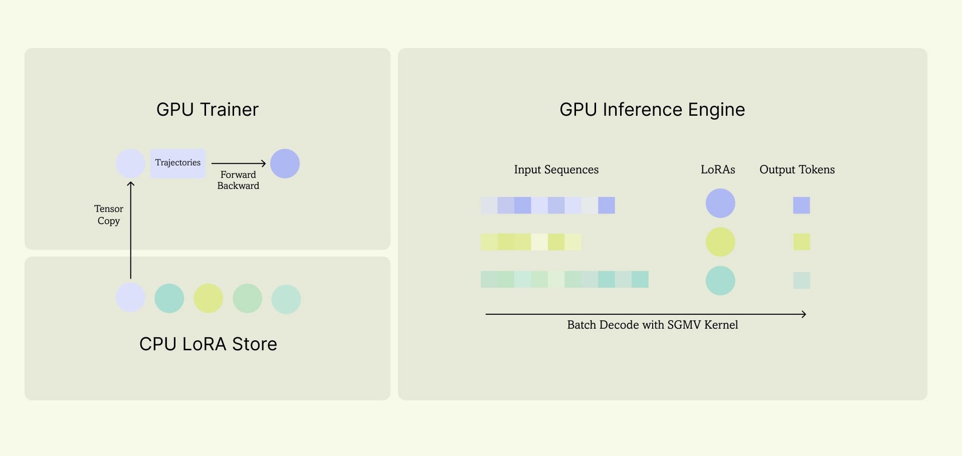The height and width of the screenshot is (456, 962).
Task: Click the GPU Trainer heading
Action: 208,110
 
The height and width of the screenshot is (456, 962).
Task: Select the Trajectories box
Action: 178,163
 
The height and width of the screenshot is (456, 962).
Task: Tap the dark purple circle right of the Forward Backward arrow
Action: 285,163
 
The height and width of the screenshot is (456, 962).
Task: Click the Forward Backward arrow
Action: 239,163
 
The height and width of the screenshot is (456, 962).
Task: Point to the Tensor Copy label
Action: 109,215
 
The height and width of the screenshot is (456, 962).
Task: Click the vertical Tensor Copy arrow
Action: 131,230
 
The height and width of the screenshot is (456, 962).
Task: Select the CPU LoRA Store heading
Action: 208,344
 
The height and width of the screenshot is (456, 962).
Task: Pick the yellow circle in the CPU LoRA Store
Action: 208,298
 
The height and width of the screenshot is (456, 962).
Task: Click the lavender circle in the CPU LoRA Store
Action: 130,297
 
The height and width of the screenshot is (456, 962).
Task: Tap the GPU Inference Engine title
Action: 652,110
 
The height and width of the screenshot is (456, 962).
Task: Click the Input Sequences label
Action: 556,170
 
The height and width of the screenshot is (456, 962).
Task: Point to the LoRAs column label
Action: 718,170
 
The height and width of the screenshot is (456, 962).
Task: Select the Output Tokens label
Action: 797,170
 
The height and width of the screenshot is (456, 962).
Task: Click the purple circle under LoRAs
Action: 720,203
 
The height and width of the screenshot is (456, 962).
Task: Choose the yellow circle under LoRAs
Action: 720,242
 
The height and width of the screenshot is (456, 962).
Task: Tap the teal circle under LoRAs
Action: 720,281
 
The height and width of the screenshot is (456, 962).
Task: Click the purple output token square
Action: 802,205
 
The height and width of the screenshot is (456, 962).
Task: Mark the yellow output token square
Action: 802,242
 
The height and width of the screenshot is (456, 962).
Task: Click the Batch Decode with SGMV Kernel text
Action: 653,325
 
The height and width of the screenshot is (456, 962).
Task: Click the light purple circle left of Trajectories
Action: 130,163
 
